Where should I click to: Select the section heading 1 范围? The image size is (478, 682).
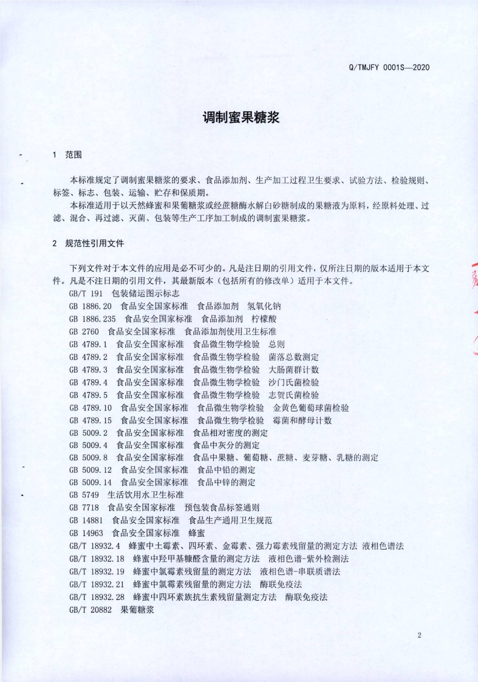pos(67,155)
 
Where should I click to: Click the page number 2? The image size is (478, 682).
pos(419,635)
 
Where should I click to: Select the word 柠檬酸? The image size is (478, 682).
pos(266,319)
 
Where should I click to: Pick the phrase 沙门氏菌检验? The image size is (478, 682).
pos(294,382)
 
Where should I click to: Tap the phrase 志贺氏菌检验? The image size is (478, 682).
pos(294,395)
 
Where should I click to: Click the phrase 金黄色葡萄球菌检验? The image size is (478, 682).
pos(311,408)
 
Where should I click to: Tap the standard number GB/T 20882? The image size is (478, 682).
pos(91,610)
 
